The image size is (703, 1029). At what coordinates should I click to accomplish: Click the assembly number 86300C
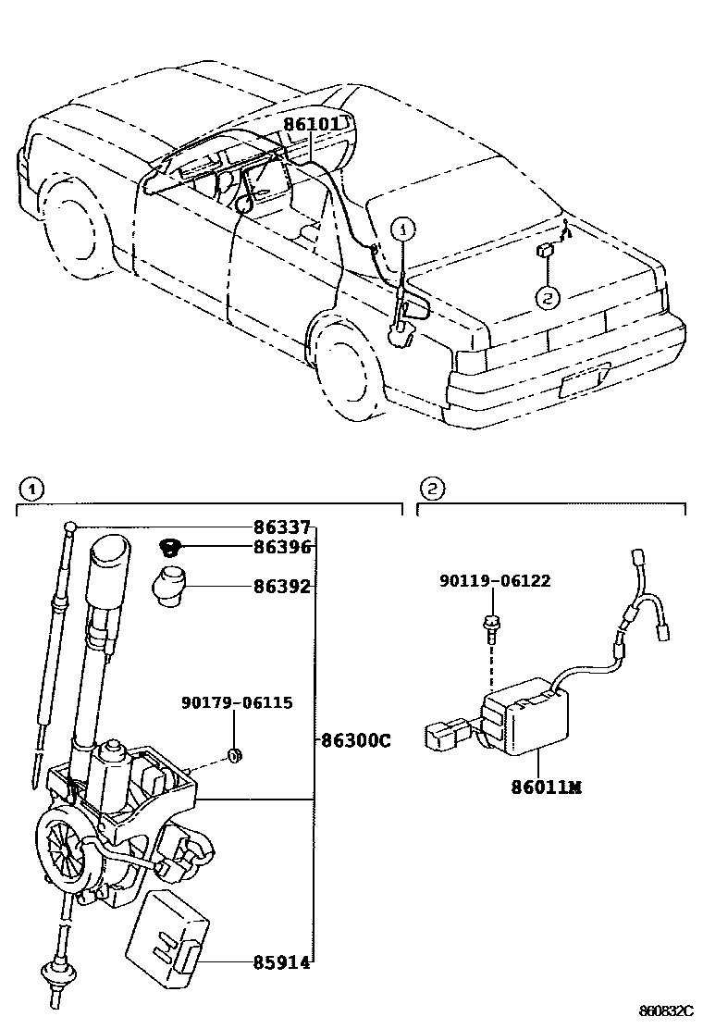(x=356, y=740)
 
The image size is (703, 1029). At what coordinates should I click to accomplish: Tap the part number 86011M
(x=546, y=787)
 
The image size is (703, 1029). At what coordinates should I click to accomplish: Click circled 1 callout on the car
(x=403, y=228)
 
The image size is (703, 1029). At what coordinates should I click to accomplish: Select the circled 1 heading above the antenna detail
(x=30, y=487)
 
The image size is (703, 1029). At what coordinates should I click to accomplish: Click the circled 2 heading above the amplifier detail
(x=431, y=487)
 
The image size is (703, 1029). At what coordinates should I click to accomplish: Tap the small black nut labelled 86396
(x=169, y=546)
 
